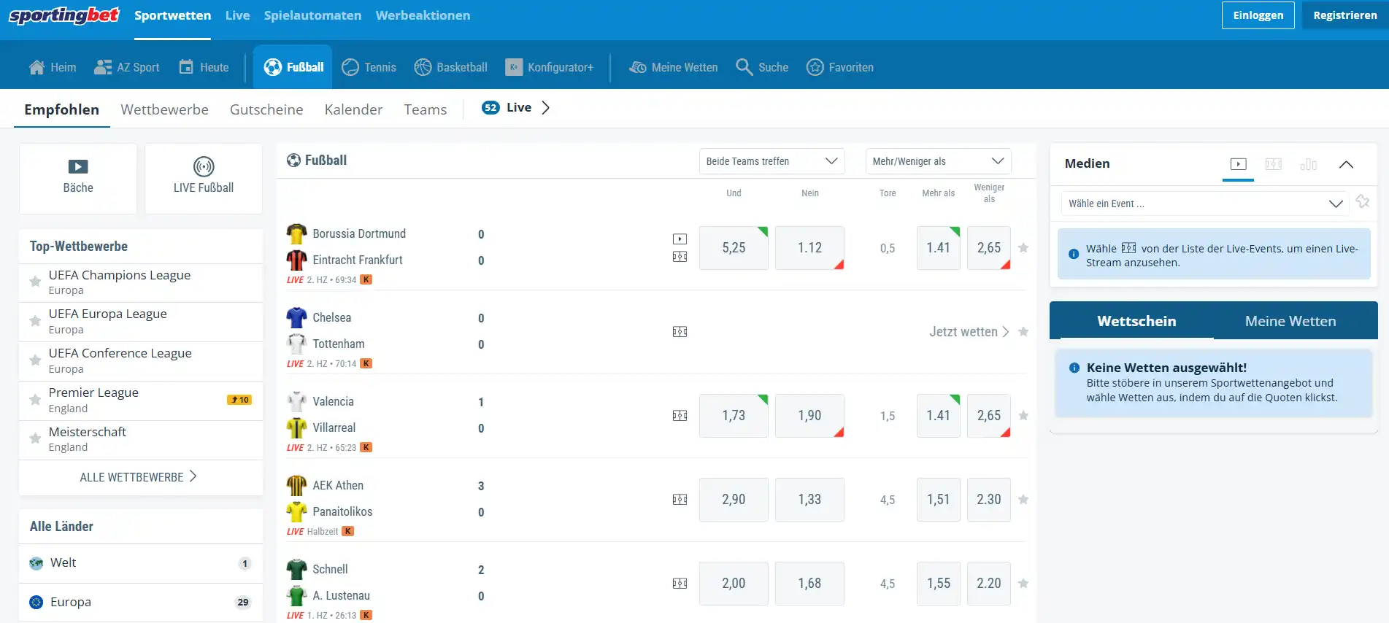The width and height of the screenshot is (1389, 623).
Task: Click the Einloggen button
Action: coord(1258,15)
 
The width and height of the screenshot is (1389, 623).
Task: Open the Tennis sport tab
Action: coord(369,67)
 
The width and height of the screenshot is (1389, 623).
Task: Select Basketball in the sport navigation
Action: coord(450,67)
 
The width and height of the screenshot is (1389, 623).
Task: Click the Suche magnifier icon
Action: coord(744,67)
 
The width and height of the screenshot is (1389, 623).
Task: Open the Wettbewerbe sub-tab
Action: coord(164,109)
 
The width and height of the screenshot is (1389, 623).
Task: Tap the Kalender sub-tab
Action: coord(353,109)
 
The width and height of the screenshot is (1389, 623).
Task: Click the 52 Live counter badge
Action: coord(490,108)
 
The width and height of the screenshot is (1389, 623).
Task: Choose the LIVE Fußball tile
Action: coord(204,178)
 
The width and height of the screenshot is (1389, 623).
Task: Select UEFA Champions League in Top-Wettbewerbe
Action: coord(120,275)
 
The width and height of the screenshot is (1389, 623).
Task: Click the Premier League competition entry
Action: coord(93,392)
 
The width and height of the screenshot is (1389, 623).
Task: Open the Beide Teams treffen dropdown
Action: coord(772,161)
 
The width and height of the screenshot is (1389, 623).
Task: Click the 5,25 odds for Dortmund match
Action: coord(734,248)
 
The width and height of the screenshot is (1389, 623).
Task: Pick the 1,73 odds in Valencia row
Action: coord(734,416)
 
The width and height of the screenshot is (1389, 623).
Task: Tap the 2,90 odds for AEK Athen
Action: coord(734,500)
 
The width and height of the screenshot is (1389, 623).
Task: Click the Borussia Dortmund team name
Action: coord(359,233)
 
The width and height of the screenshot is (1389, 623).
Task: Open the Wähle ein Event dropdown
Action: coord(1204,204)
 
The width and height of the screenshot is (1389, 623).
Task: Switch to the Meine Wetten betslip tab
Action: coord(1290,321)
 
